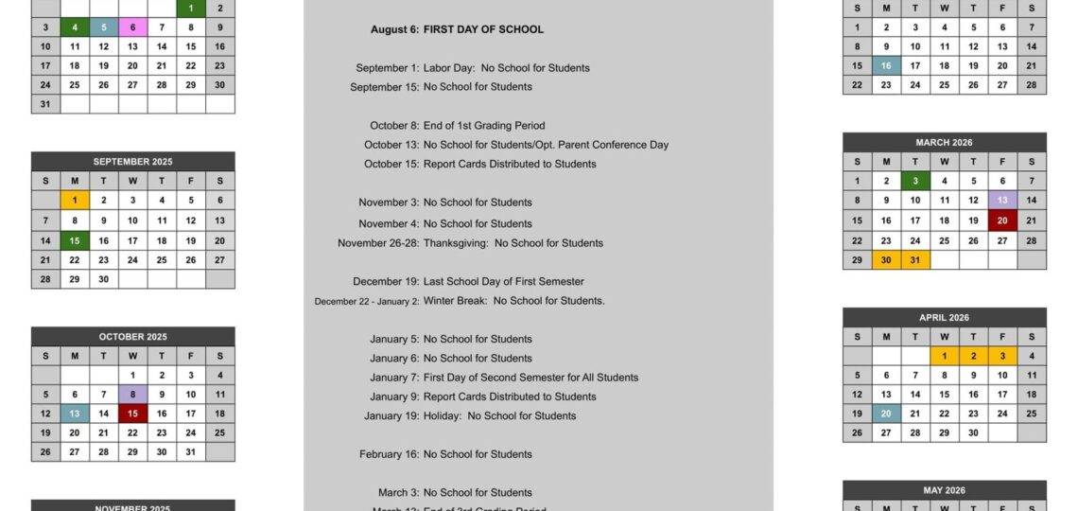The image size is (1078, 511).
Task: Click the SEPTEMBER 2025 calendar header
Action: [x=132, y=162]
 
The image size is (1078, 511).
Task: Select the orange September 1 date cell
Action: [x=75, y=201]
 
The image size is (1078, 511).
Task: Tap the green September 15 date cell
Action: [x=75, y=240]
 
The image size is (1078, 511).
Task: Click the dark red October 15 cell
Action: [x=132, y=414]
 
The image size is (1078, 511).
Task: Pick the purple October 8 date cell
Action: [x=132, y=395]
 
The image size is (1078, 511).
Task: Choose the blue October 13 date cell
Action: [x=75, y=414]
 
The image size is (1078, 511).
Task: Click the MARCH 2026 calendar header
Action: [x=944, y=143]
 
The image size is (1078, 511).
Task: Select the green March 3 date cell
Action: [x=914, y=182]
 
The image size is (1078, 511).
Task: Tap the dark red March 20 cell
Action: [x=1002, y=220]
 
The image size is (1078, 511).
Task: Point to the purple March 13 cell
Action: [x=1002, y=201]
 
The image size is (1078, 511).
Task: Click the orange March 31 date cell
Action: [x=914, y=260]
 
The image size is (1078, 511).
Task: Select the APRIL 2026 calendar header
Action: [x=944, y=318]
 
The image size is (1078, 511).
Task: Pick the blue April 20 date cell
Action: [x=886, y=414]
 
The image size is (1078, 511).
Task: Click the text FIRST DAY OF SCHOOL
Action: [x=483, y=29]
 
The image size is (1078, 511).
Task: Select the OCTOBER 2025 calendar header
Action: [x=132, y=337]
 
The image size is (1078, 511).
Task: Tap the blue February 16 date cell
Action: [x=886, y=66]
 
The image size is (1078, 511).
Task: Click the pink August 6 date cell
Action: [x=132, y=27]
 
